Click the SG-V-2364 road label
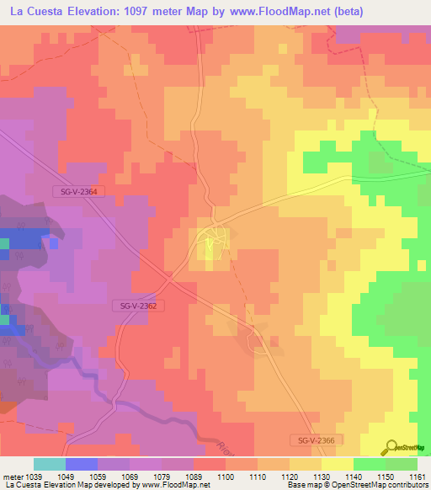[79, 192]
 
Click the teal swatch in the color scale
[50, 464]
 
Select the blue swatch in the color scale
[82, 464]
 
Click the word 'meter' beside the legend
[13, 476]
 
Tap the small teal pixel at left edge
[3, 244]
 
